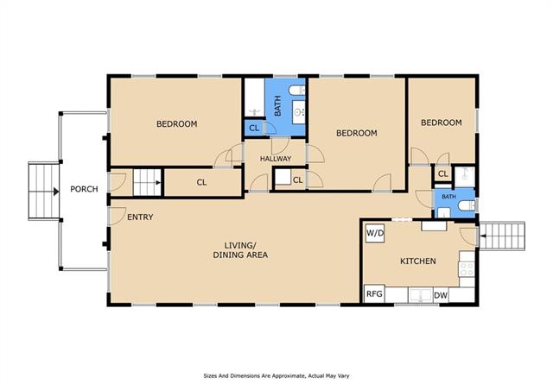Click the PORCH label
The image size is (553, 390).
[84, 189]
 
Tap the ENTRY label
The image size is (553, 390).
[140, 217]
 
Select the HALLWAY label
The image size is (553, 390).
[276, 159]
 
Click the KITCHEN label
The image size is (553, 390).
[418, 261]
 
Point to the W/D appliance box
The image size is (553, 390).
[375, 233]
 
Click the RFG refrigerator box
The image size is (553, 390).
[374, 294]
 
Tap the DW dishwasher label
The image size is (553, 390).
[441, 295]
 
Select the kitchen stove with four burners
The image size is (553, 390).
[467, 269]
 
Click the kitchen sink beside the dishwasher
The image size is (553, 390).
[420, 295]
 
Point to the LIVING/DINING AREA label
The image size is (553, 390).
[240, 250]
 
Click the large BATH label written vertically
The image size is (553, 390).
[278, 105]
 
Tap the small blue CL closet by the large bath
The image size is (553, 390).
[254, 128]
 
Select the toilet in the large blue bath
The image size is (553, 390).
[296, 91]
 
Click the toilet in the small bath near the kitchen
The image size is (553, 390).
[467, 205]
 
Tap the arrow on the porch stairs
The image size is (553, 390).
[55, 192]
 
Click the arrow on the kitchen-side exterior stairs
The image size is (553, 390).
[483, 236]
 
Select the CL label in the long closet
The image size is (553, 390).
[201, 183]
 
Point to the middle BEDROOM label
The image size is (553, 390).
[357, 133]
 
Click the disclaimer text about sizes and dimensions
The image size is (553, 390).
[276, 376]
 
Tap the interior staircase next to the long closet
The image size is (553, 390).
[147, 183]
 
